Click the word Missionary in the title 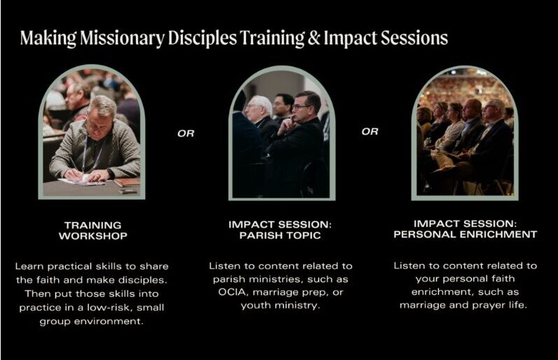(x=122, y=39)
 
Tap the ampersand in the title (x=314, y=38)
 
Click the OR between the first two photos (x=186, y=134)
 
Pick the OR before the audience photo (x=369, y=132)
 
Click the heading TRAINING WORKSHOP (x=93, y=230)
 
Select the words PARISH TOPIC (x=280, y=235)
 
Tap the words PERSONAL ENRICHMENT (x=465, y=235)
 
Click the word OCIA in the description (x=232, y=292)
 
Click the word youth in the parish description (x=254, y=305)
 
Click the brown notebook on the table (x=127, y=182)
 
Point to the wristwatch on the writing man (x=111, y=174)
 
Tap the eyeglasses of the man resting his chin (x=301, y=106)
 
